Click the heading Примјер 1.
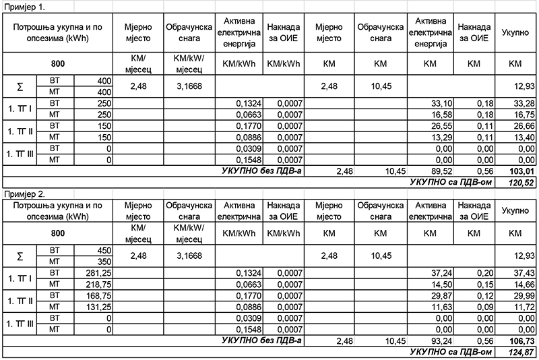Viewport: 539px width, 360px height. (x=23, y=6)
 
